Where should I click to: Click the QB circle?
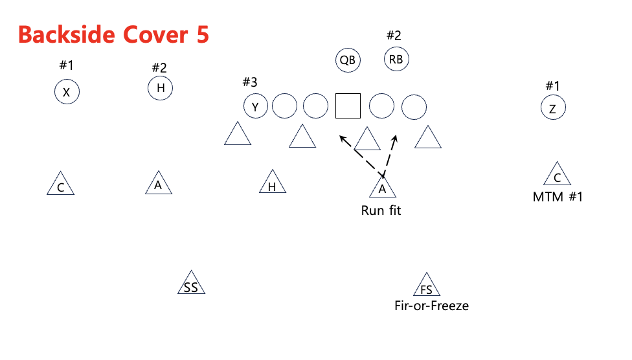click(x=348, y=60)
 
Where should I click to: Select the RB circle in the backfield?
click(x=396, y=60)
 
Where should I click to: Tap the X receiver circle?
click(x=66, y=93)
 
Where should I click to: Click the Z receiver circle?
click(x=552, y=108)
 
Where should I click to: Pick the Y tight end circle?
click(x=255, y=107)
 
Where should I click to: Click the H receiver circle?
click(x=160, y=88)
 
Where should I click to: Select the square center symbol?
click(x=348, y=106)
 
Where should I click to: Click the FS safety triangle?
click(x=425, y=286)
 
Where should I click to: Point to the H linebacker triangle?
click(x=272, y=185)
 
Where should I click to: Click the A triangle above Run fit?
click(x=382, y=187)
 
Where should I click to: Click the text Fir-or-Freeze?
click(x=431, y=306)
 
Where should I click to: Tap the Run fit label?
click(x=381, y=210)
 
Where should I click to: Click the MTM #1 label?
click(x=558, y=197)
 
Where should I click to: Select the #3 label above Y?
click(x=249, y=82)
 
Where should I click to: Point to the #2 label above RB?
click(x=394, y=36)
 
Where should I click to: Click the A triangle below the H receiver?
click(x=158, y=185)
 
